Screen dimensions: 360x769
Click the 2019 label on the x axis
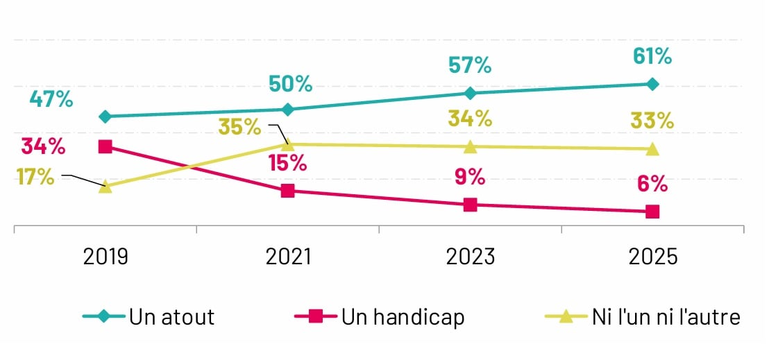click(105, 257)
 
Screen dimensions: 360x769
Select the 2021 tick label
click(288, 257)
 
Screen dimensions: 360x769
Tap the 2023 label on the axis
click(471, 257)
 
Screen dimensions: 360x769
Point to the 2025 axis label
click(652, 257)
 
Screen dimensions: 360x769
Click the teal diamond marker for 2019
click(105, 117)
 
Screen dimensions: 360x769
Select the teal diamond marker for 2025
click(652, 84)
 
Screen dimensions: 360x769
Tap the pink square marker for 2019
click(105, 146)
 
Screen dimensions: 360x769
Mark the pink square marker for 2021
click(288, 191)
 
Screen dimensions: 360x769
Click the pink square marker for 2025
click(652, 212)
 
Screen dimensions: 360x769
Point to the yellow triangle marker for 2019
click(105, 187)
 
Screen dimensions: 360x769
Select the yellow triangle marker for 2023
click(471, 147)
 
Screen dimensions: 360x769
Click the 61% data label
click(652, 56)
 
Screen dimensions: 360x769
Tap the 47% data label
click(51, 98)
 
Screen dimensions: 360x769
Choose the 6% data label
click(652, 184)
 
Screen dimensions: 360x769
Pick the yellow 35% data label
click(240, 127)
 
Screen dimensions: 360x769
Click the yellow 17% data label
click(36, 176)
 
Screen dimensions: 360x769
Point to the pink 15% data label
click(288, 163)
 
